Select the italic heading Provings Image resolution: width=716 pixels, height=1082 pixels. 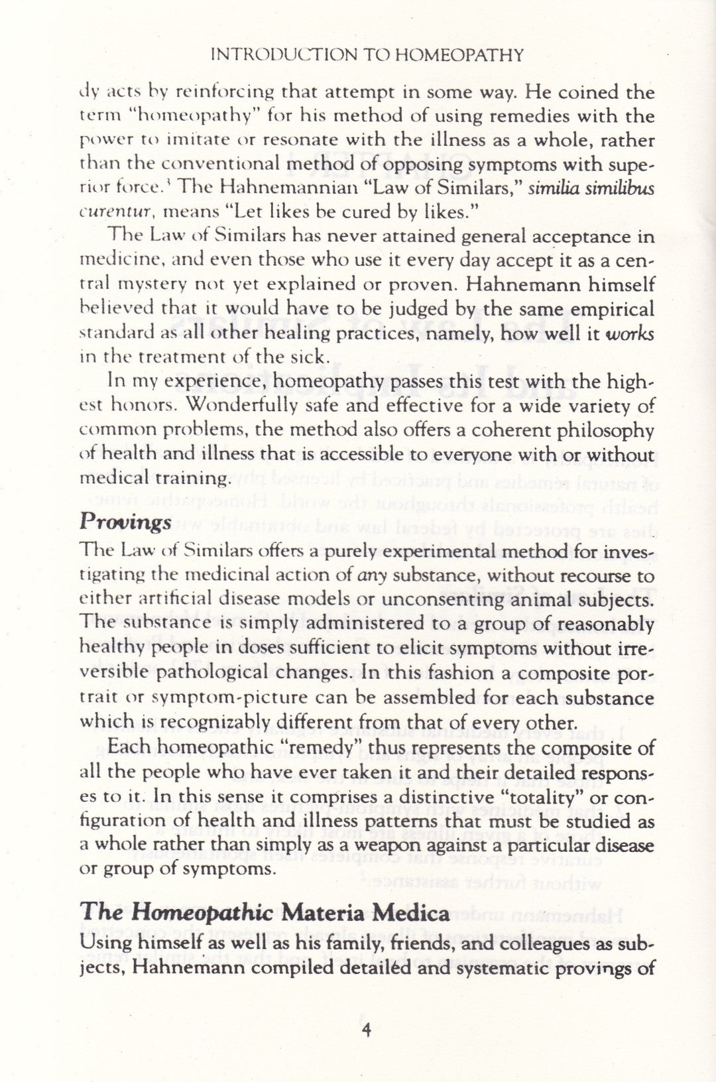pyautogui.click(x=125, y=522)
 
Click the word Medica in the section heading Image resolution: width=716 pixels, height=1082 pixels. pyautogui.click(x=416, y=913)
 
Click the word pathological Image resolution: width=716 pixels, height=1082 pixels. pyautogui.click(x=217, y=672)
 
